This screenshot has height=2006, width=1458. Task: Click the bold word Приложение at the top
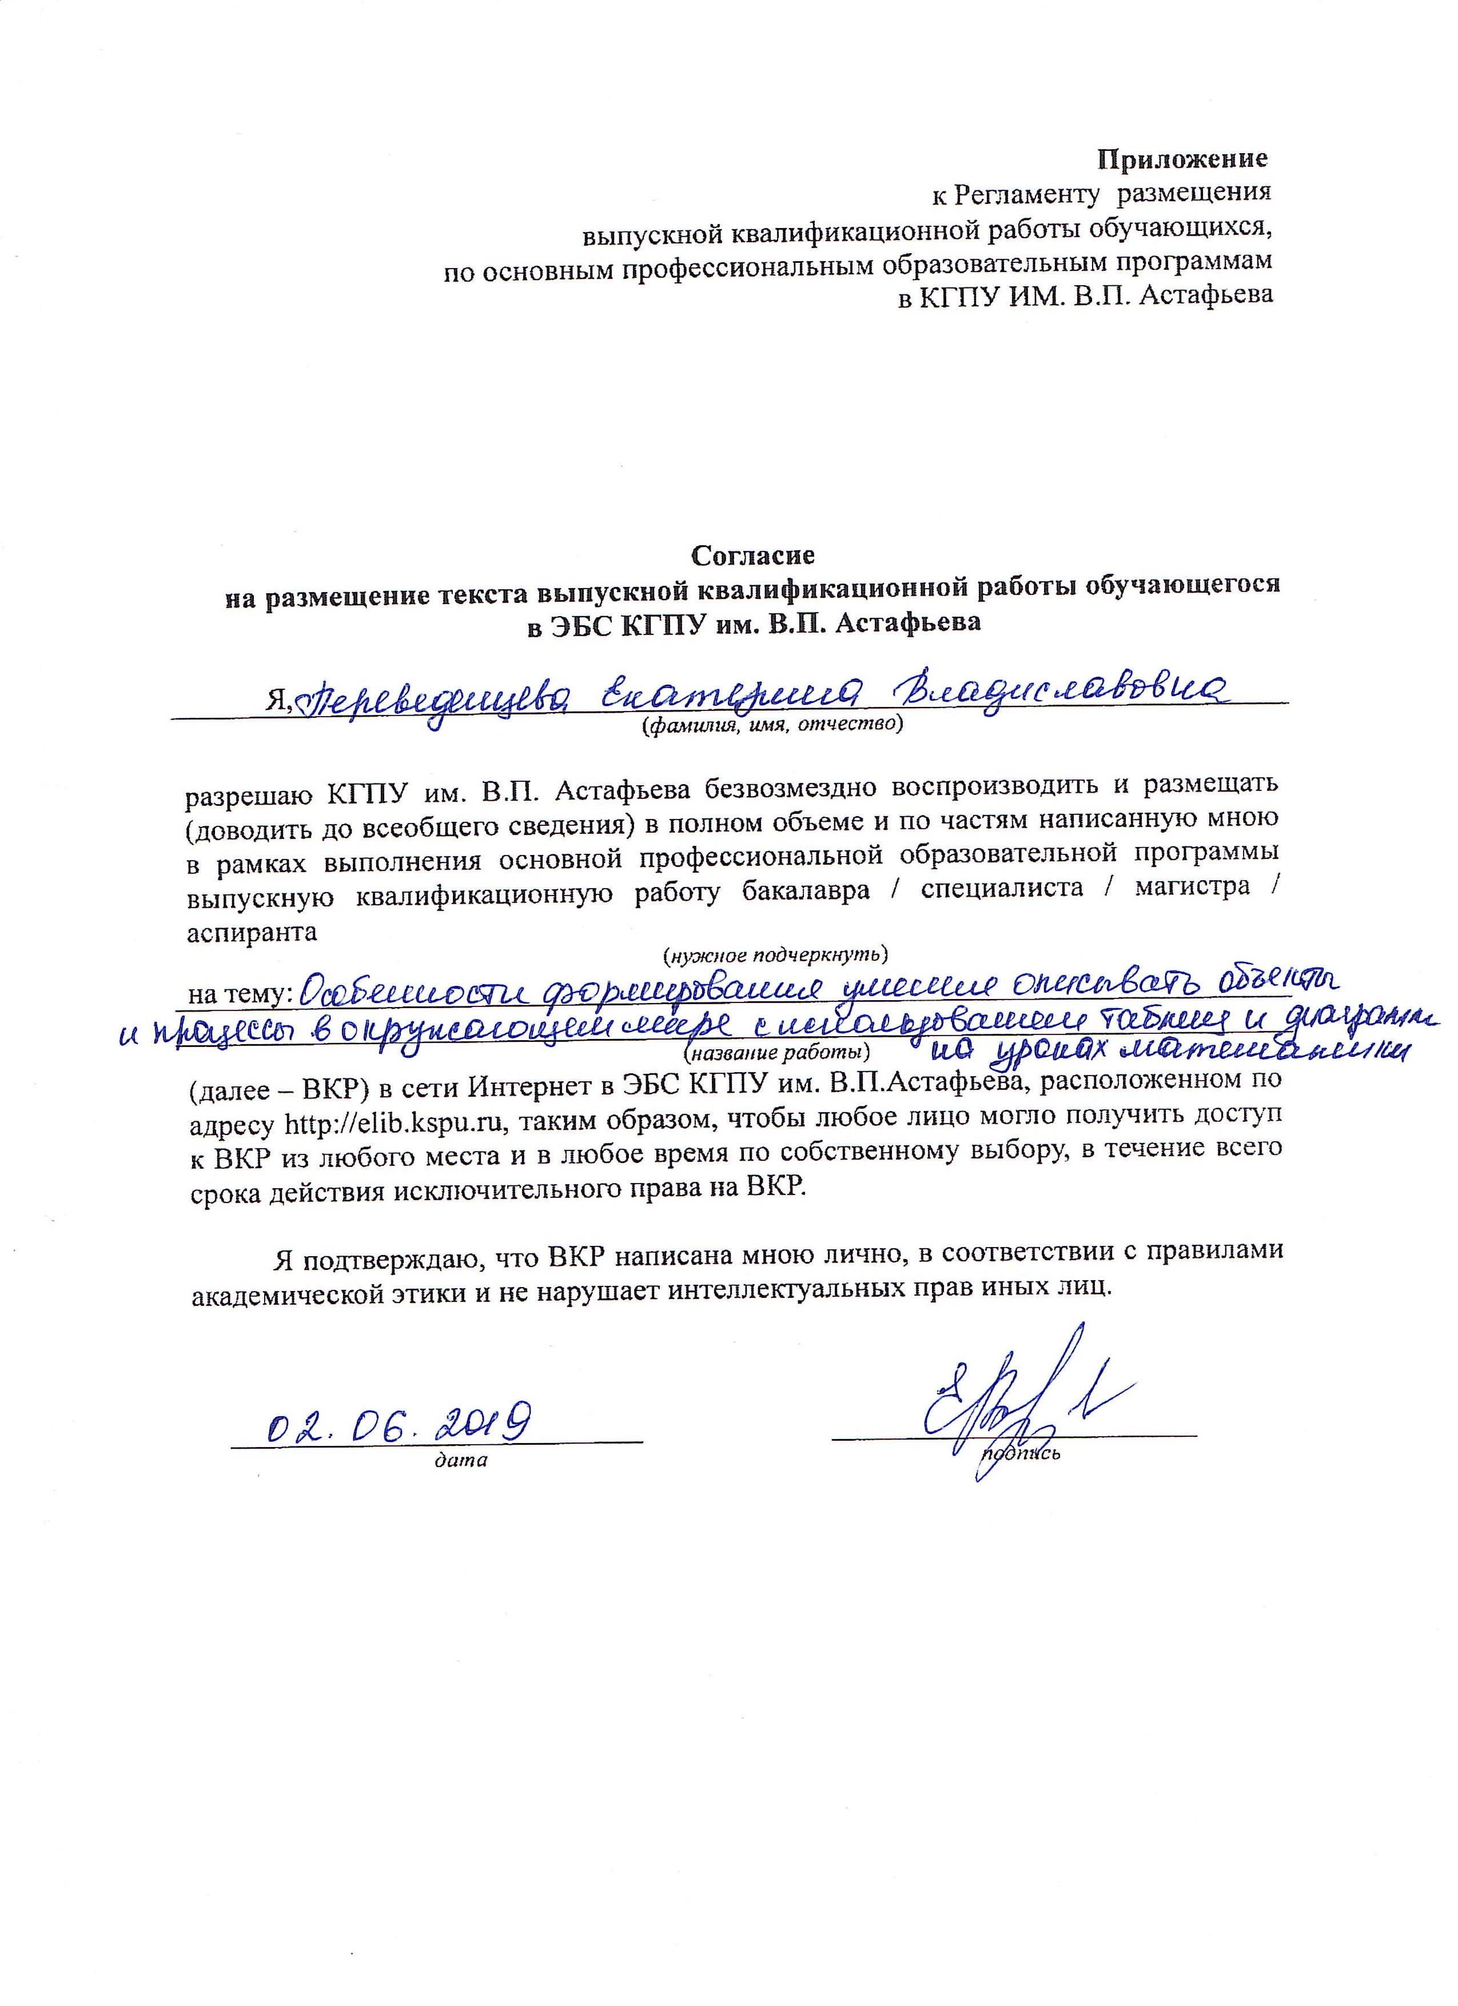click(x=1182, y=160)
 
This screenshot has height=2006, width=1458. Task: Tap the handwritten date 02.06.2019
click(x=398, y=1422)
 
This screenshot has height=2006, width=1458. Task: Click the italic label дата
click(x=461, y=1461)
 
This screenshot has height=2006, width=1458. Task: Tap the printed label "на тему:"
click(x=241, y=994)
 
